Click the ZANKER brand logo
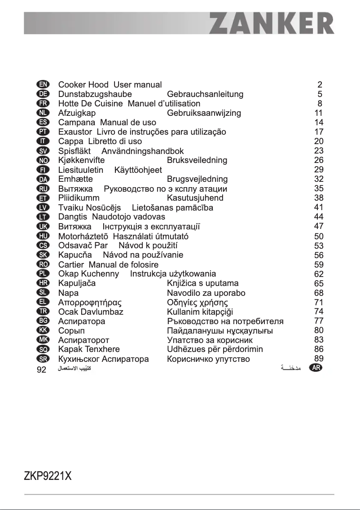tap(272, 23)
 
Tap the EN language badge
tap(43, 84)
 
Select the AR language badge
tap(316, 368)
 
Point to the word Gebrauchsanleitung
tap(205, 94)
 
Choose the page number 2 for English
tap(320, 84)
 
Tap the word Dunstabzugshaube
tap(95, 94)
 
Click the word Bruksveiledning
tap(197, 160)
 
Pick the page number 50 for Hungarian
tap(319, 236)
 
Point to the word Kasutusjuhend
tap(195, 198)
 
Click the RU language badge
tap(43, 189)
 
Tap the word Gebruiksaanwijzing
tap(204, 113)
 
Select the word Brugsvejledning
tap(197, 179)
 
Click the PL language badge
tap(43, 273)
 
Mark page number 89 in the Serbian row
tap(319, 358)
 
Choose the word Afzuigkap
tap(77, 113)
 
